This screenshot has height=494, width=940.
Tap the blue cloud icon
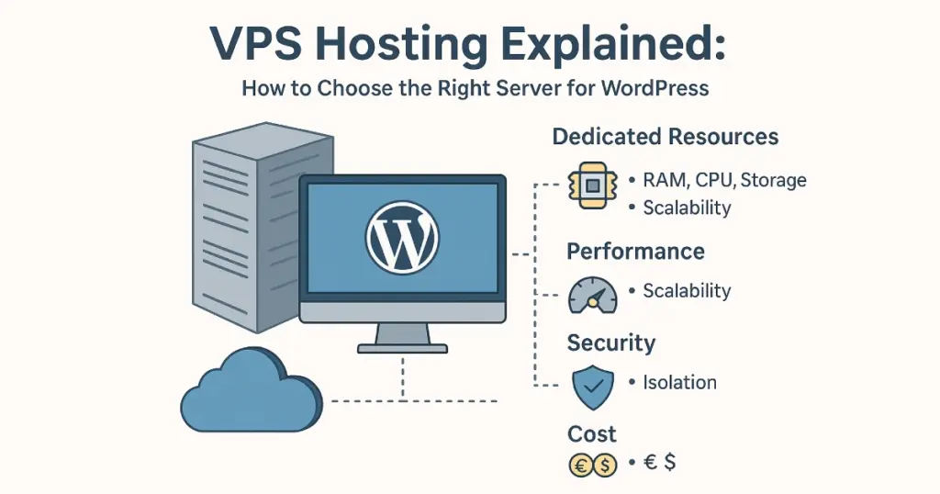coord(250,394)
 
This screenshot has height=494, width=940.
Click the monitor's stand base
coord(402,348)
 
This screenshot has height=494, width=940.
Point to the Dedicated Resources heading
coord(666,138)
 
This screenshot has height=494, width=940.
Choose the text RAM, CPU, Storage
coord(724,180)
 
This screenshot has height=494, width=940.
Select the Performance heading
coord(635,252)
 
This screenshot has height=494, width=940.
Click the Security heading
coord(610,343)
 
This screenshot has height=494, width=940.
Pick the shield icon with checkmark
coord(592,387)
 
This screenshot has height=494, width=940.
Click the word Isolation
coord(679,383)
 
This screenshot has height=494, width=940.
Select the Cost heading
coord(592,433)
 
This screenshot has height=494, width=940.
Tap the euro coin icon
coord(580,466)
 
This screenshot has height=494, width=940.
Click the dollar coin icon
coord(604,466)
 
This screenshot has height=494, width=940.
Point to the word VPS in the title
coord(260,44)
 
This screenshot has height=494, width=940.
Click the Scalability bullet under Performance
coord(687,292)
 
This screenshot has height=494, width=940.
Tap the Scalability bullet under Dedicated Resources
coord(687,208)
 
